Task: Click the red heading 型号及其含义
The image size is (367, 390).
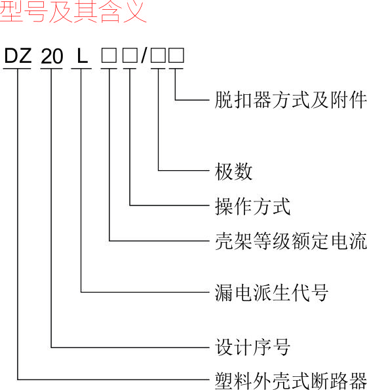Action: [73, 11]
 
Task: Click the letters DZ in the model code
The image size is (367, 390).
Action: [18, 56]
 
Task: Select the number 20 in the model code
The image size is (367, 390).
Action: [52, 56]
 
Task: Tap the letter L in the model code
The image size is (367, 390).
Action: [82, 56]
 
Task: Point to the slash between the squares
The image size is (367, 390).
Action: [144, 56]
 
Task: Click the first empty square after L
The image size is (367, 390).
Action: [109, 56]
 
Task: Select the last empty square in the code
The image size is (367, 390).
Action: [176, 56]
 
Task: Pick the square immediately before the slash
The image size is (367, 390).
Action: [130, 56]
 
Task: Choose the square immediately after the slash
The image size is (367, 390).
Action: [158, 56]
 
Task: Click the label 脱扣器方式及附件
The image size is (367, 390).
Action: [290, 100]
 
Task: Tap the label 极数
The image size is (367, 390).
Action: [233, 171]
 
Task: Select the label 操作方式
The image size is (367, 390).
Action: [252, 206]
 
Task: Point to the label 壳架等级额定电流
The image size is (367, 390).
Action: [291, 241]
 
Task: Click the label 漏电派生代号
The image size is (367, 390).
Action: [271, 292]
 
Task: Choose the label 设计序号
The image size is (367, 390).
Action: [252, 347]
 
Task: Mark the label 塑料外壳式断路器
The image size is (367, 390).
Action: [291, 381]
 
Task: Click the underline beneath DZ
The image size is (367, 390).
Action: [17, 69]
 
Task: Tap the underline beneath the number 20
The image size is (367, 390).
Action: [52, 69]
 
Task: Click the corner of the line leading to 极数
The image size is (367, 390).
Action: [158, 171]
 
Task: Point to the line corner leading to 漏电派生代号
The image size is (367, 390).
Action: [81, 292]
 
